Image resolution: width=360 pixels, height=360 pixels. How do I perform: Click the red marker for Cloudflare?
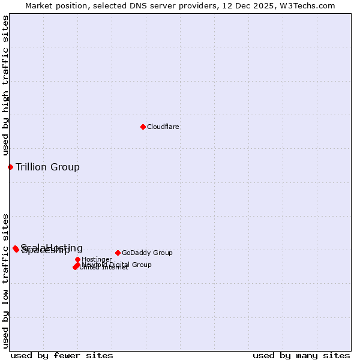[143, 127]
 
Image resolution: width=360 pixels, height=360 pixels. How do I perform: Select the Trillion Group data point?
[10, 167]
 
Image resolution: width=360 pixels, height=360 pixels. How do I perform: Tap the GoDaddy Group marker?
[118, 253]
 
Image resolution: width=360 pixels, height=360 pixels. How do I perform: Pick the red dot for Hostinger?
[77, 259]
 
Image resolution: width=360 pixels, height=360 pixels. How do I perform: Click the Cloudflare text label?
[163, 127]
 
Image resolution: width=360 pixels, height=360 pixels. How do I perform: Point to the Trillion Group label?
[47, 167]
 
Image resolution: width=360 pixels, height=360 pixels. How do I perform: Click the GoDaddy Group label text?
[147, 253]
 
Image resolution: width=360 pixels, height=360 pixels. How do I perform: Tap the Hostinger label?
[97, 259]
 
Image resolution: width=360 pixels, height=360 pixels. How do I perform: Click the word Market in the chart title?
[39, 5]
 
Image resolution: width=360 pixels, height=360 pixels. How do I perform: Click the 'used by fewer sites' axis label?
[62, 355]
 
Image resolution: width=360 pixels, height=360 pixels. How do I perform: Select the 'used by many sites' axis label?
[301, 355]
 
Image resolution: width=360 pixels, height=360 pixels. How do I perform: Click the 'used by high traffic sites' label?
[5, 85]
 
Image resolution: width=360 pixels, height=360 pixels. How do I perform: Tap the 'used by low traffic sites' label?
[5, 280]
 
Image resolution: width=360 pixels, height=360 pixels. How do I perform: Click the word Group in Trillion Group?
[65, 167]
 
